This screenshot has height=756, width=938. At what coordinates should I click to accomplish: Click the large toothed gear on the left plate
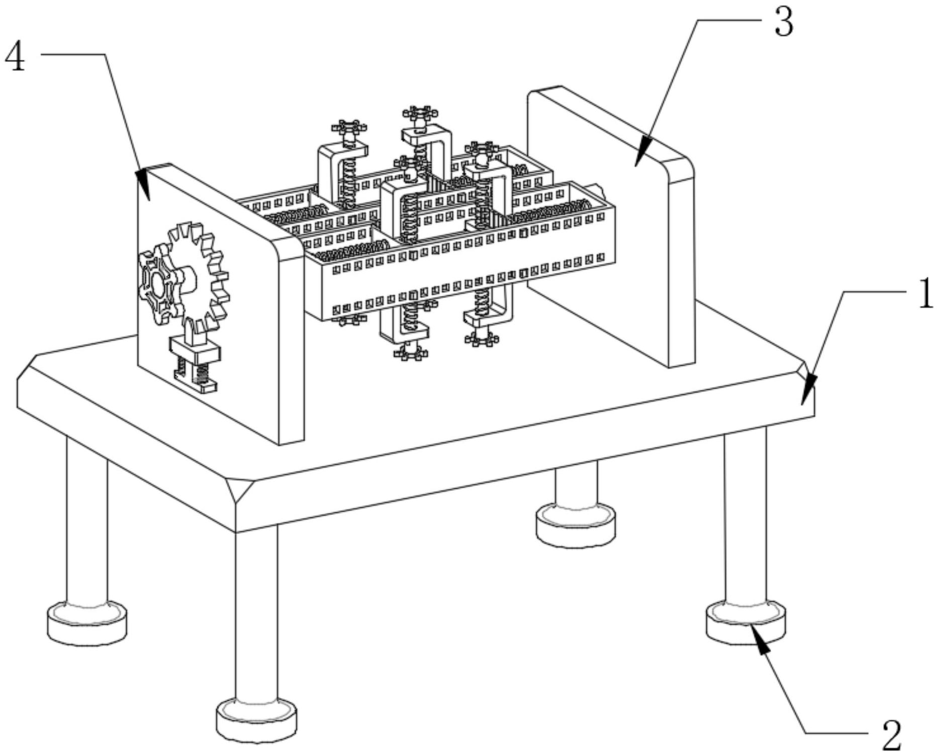coord(197,274)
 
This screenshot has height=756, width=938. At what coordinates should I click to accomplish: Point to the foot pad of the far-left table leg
coord(86,623)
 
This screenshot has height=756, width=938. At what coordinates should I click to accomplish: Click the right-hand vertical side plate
coord(611,226)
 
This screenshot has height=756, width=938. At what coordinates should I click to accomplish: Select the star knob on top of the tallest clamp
coord(420,114)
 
